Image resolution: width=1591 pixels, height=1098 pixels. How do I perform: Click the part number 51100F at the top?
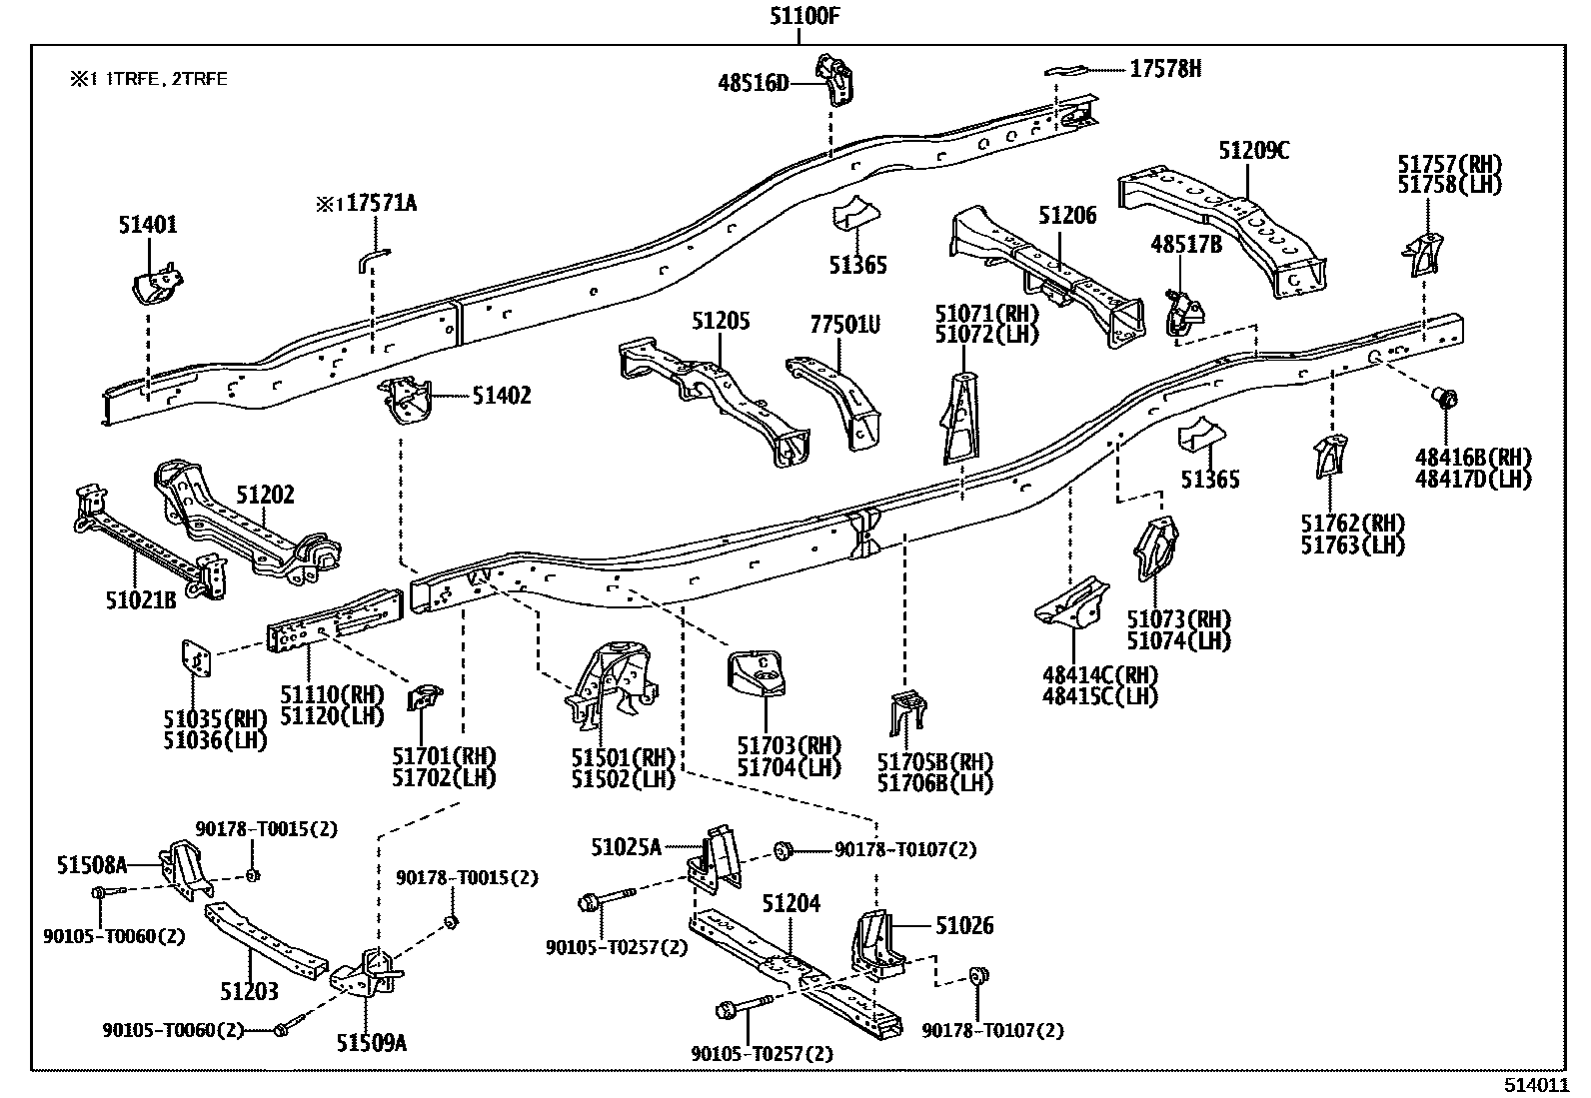pos(797,16)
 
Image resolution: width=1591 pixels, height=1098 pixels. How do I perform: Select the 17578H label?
pos(1165,68)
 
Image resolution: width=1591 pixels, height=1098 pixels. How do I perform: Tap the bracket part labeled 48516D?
pos(833,78)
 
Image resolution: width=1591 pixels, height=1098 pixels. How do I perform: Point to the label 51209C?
pos(1253,151)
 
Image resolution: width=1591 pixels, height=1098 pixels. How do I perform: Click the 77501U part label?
pos(844,325)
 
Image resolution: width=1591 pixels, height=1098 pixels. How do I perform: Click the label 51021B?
pos(141,600)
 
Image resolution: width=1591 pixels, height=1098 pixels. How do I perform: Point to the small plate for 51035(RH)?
pos(195,659)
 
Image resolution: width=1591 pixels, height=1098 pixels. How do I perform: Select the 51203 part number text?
pos(249,991)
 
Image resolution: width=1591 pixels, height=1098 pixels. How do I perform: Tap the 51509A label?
pos(372,1043)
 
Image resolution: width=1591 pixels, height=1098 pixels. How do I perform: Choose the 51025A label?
pos(626,848)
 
